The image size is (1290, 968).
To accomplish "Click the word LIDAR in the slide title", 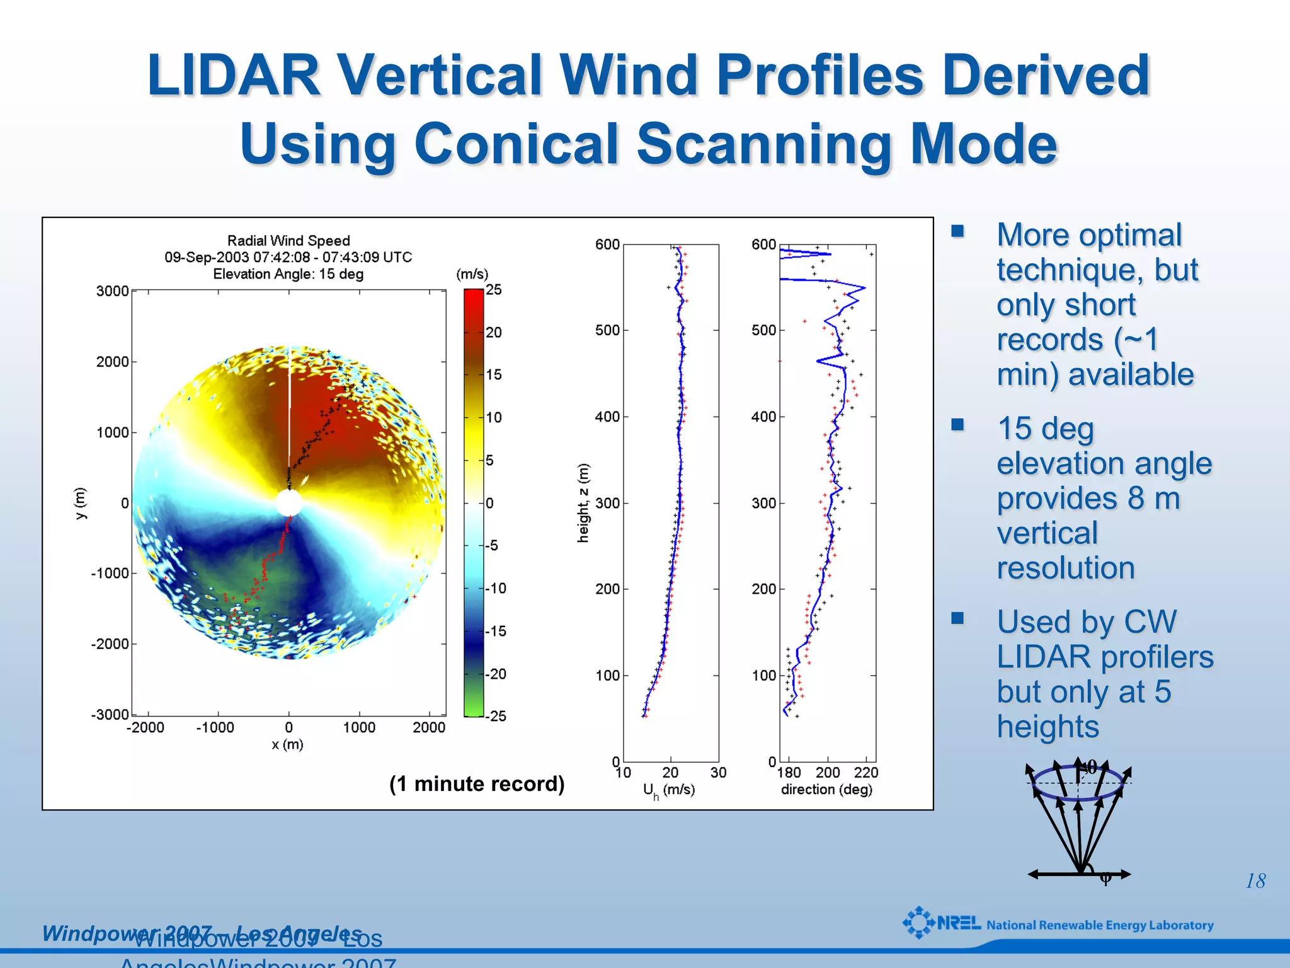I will tap(234, 76).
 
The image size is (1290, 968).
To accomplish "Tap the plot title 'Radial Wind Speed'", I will tap(288, 241).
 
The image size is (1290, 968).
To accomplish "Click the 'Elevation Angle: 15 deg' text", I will tap(288, 274).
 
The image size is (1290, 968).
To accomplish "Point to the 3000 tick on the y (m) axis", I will tap(112, 291).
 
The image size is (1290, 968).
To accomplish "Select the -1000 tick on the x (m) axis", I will tap(215, 728).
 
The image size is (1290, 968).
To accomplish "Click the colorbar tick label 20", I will tap(494, 333).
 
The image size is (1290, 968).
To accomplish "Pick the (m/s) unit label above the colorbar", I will tap(472, 274).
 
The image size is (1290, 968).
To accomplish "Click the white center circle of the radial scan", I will tap(288, 503).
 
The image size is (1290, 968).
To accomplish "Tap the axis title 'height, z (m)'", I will tap(583, 503).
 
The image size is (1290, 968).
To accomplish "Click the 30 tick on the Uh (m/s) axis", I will tap(718, 773).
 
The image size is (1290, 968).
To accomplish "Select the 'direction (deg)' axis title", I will tap(826, 790).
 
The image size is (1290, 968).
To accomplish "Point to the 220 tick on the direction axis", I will tap(866, 773).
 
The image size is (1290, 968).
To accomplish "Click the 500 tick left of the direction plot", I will tap(763, 330).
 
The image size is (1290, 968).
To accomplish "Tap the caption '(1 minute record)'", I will tap(477, 784).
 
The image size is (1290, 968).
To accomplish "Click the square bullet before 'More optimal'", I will tap(958, 231).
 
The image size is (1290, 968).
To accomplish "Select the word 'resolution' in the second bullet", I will tap(1066, 568).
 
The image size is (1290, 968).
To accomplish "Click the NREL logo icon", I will tap(918, 923).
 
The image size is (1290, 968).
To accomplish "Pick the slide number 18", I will tap(1255, 881).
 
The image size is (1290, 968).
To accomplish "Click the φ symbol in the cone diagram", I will tap(1105, 878).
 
